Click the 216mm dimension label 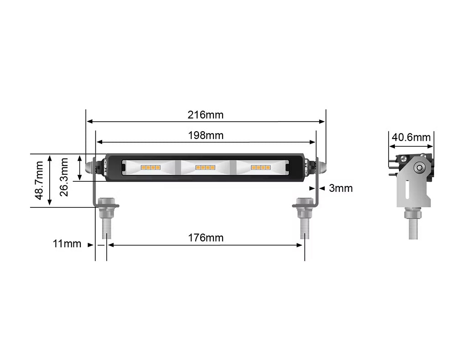coord(206,115)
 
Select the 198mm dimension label coord(206,135)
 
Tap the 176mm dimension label coord(206,238)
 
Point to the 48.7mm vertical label coord(39,180)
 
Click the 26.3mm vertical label coord(64,177)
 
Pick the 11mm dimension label coord(67,244)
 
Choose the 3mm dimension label coord(341,188)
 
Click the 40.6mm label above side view coord(411,137)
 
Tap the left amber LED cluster coord(150,168)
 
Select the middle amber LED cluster coord(205,168)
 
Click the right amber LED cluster coord(260,168)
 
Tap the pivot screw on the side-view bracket coord(418,168)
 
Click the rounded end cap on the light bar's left coord(91,167)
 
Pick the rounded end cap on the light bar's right coord(321,167)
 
